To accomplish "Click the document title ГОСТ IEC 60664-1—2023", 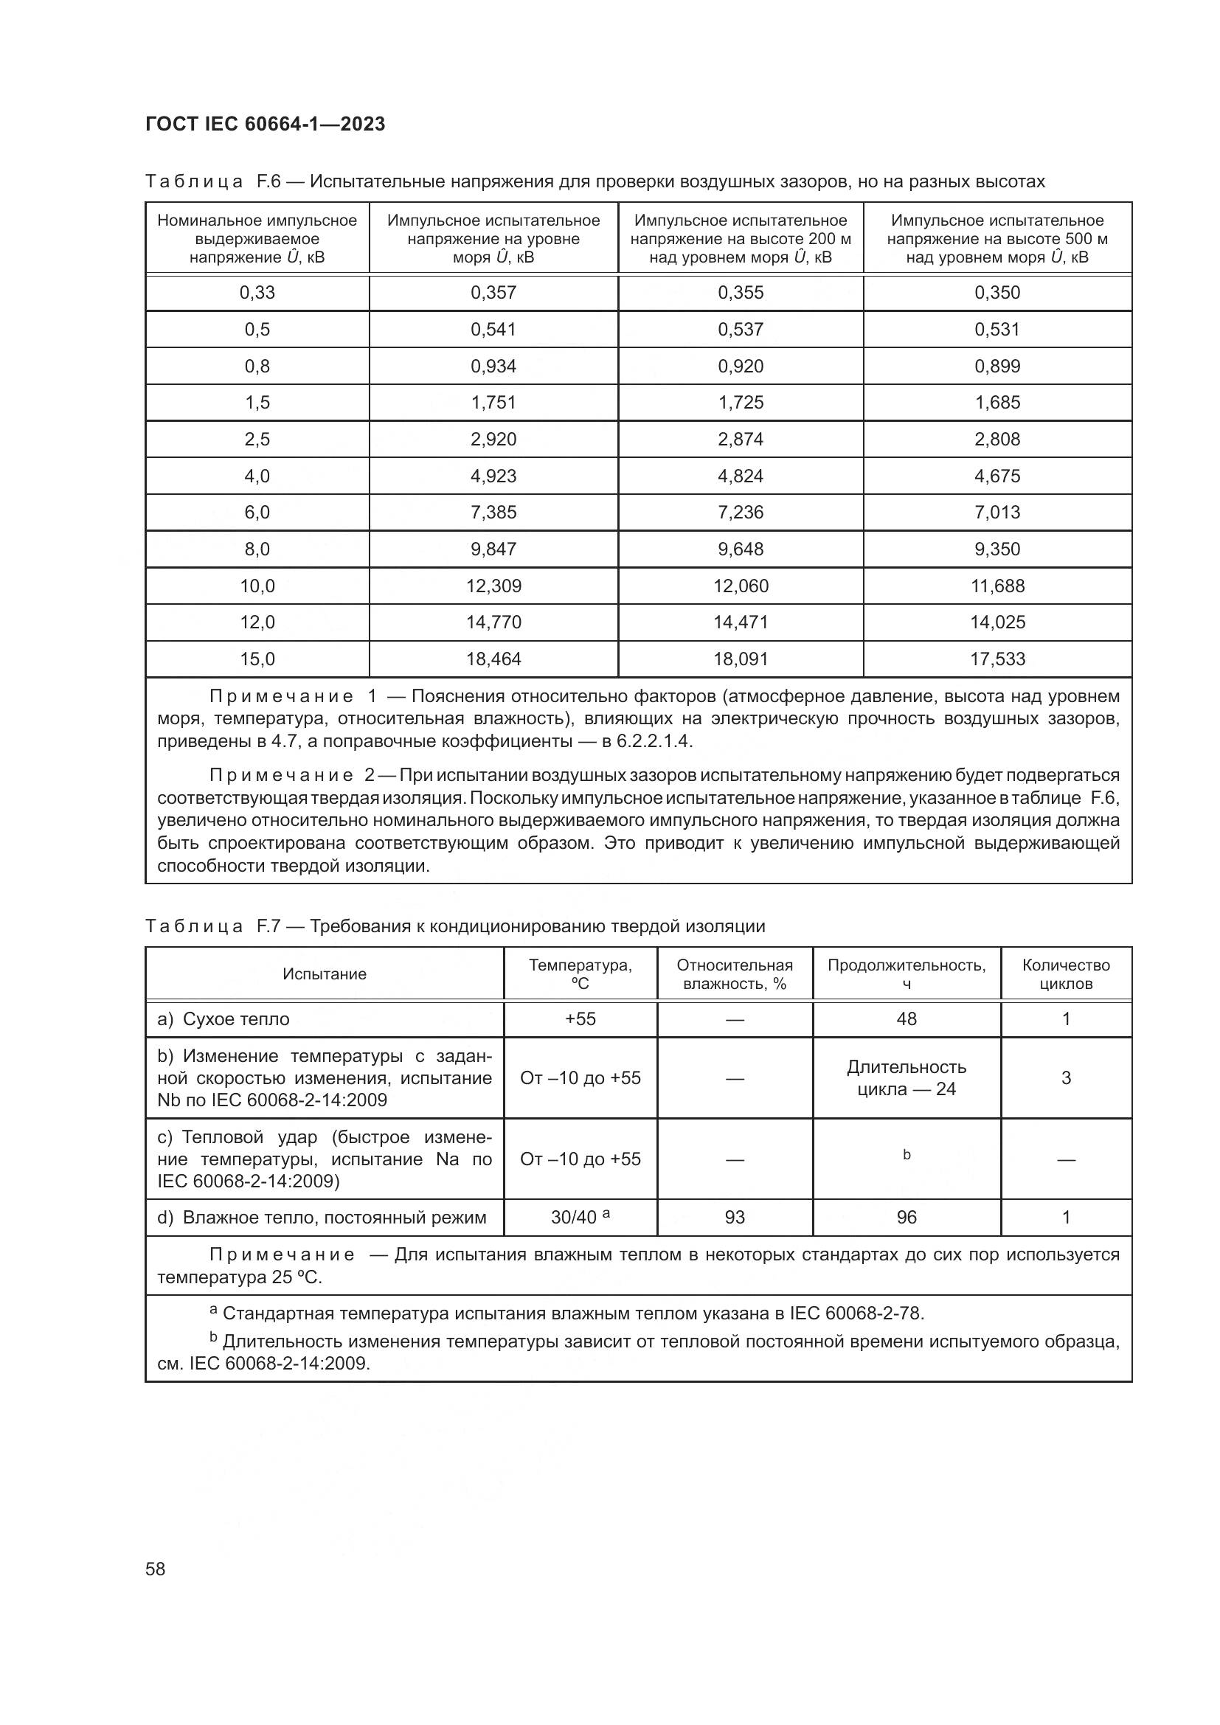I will [266, 124].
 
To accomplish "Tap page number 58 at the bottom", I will [156, 1569].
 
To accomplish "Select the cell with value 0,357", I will [493, 292].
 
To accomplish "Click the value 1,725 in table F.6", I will [741, 402].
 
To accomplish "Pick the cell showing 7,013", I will [998, 512].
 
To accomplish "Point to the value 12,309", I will [493, 586].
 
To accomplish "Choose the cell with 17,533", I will [998, 659].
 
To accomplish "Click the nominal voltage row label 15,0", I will [257, 659].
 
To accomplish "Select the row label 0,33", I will [257, 292].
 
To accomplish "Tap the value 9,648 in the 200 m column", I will [741, 549].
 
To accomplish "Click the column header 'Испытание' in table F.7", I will [325, 973].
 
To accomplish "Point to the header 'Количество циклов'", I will [1066, 973].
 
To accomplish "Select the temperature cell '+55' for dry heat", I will [580, 1018].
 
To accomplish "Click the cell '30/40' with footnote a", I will [580, 1217].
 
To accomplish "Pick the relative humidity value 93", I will [735, 1217].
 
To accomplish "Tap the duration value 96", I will [907, 1217].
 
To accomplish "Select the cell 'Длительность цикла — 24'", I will [907, 1078].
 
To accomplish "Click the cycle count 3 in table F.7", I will [1066, 1078].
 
